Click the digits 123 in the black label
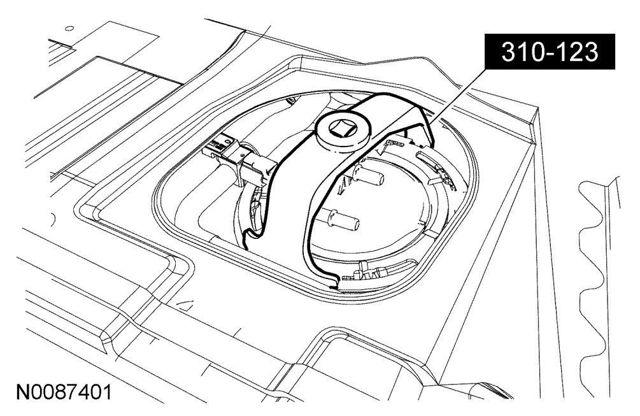point(577,53)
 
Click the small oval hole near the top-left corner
point(69,29)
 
